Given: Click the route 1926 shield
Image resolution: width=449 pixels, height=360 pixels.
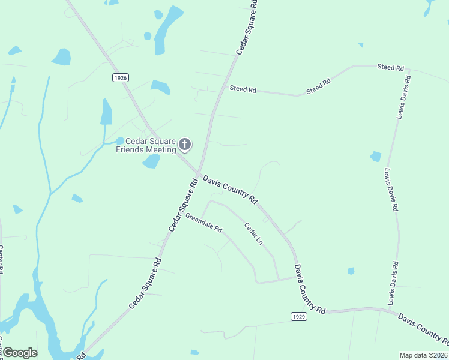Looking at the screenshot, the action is click(x=121, y=77).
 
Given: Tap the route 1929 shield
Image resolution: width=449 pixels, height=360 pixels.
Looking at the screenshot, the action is click(x=298, y=316).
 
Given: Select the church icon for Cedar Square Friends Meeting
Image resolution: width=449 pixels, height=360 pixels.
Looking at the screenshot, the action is click(x=185, y=144).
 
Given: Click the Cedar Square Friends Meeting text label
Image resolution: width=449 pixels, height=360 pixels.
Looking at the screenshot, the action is click(x=146, y=145).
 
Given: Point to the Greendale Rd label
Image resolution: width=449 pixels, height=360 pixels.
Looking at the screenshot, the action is click(x=203, y=223).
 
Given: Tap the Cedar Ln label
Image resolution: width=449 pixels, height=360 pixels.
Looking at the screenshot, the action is click(x=253, y=234).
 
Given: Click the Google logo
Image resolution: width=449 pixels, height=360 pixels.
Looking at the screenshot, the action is click(x=19, y=353).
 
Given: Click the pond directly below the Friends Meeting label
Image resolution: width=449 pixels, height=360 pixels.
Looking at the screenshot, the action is click(x=151, y=161).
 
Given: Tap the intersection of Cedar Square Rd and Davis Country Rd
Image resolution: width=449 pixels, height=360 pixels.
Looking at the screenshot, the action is click(x=199, y=173).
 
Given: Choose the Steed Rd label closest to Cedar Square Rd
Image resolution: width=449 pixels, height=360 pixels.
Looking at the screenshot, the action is click(x=243, y=89).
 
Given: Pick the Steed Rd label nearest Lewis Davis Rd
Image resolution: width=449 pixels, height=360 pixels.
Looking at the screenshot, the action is click(x=390, y=67).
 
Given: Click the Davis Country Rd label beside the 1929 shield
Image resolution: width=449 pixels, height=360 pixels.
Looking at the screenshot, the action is click(x=309, y=290).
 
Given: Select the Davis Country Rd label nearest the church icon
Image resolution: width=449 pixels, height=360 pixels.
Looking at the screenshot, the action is click(x=230, y=189).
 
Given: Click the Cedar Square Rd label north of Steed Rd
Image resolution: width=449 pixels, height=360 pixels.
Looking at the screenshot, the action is click(x=247, y=28).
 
